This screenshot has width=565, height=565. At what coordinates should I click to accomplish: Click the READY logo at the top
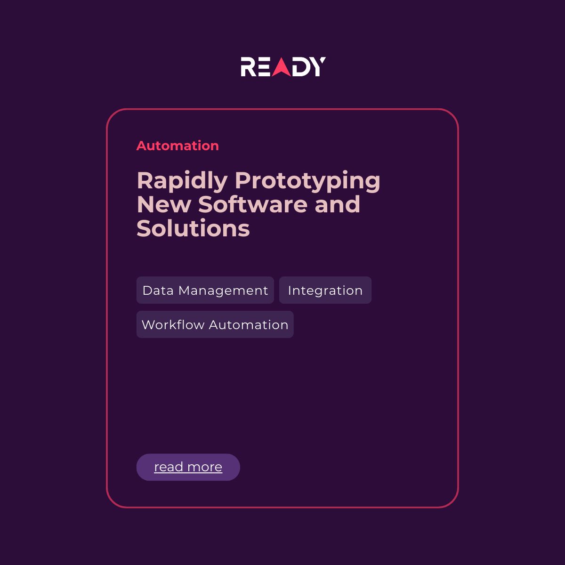tap(283, 67)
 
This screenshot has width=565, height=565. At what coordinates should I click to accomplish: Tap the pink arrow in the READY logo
tap(282, 68)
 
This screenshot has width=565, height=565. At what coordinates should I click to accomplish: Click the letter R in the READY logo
tap(248, 67)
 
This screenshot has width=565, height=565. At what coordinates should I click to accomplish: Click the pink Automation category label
tap(178, 145)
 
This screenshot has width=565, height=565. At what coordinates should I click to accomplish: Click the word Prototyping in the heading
tap(307, 181)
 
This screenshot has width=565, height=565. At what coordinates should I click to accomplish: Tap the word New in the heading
tap(163, 204)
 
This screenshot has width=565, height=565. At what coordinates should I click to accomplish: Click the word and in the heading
tap(338, 204)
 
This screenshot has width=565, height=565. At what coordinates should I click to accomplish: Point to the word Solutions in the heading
tap(193, 228)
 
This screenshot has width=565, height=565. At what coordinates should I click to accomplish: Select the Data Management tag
tap(205, 290)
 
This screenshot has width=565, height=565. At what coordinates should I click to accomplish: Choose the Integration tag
tap(325, 290)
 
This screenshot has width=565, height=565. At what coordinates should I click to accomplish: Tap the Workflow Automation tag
tap(215, 324)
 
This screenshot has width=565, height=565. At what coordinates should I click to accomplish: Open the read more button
tap(188, 467)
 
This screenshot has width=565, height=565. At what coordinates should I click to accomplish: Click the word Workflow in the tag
tap(173, 324)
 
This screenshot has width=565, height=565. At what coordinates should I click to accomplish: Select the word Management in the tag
tap(223, 291)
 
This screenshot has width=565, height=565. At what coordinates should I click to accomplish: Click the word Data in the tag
tap(158, 291)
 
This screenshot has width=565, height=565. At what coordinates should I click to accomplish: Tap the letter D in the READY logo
tap(301, 67)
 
